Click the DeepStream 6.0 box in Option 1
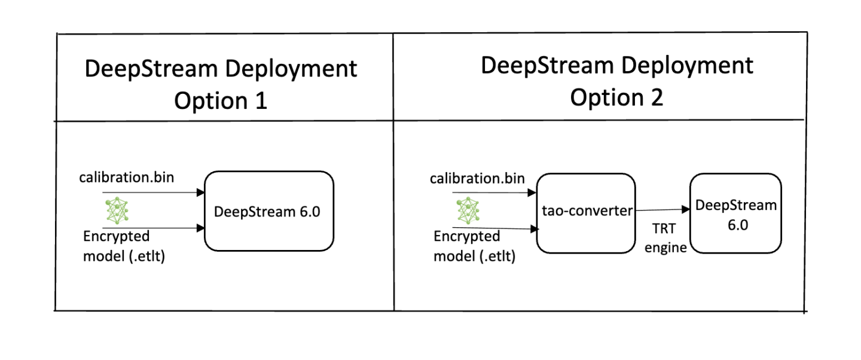268,210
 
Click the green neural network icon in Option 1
118,210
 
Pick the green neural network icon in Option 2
468,210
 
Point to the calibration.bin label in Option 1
126,178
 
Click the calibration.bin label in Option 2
477,178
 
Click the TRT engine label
664,239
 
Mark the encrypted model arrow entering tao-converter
496,228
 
